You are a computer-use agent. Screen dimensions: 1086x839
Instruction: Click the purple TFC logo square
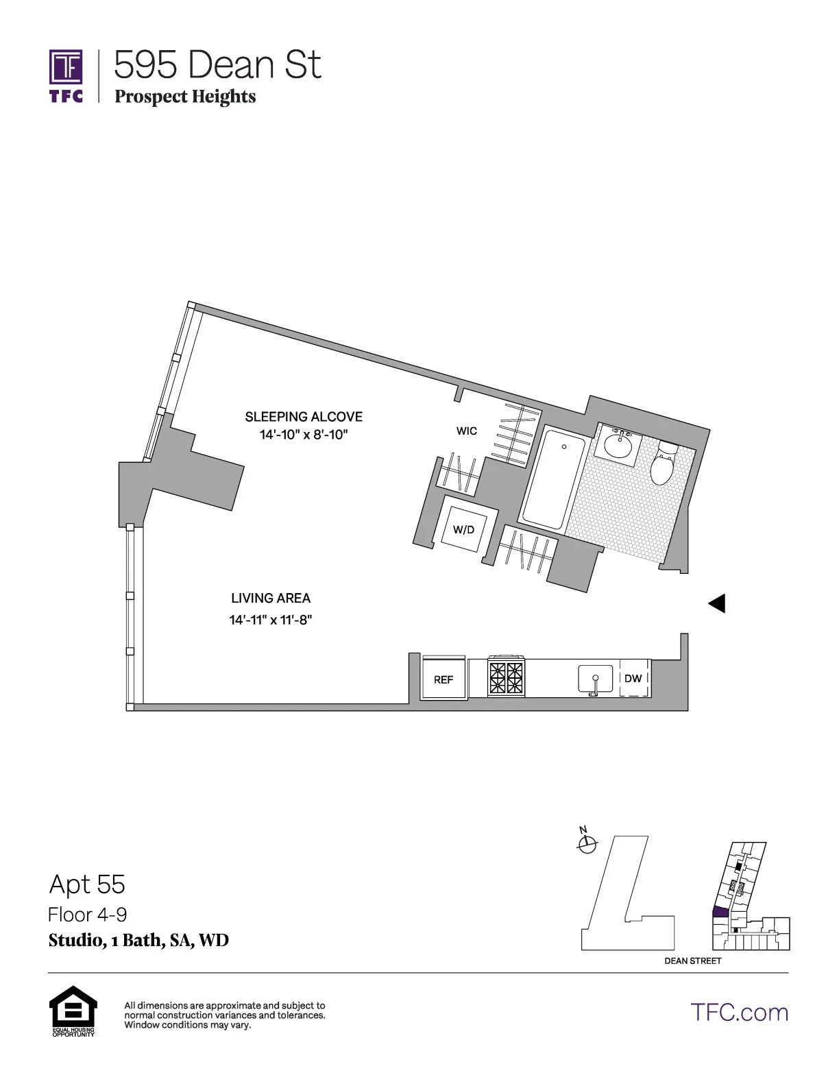click(x=66, y=67)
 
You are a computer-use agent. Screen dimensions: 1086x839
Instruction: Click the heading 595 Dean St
click(x=217, y=65)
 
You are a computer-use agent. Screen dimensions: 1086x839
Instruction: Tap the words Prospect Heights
click(x=185, y=97)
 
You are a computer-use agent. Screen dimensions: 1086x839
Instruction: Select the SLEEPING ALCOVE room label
click(x=304, y=416)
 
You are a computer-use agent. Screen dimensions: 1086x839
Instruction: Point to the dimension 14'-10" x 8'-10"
click(x=304, y=435)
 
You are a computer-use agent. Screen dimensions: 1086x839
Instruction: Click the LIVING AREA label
click(x=271, y=598)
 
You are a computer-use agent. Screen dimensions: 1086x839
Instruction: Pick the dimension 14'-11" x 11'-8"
click(x=271, y=620)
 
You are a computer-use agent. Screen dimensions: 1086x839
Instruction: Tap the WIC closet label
click(x=467, y=431)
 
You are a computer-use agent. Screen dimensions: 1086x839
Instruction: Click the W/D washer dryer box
click(x=464, y=529)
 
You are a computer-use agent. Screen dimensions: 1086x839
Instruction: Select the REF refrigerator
click(x=443, y=678)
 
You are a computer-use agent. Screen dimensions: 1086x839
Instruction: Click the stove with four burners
click(x=506, y=677)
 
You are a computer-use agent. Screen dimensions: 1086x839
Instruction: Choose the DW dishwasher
click(x=633, y=678)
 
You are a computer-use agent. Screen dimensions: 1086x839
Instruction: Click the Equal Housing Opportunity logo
click(x=73, y=1010)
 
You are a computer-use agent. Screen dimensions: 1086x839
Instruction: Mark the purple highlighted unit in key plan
click(x=720, y=913)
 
